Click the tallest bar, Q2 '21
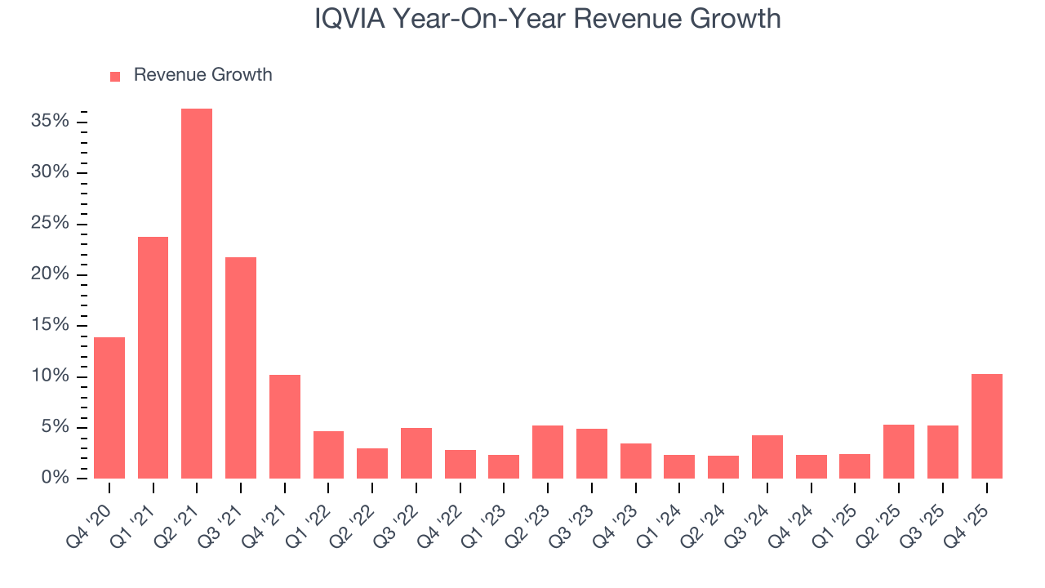197,294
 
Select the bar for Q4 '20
109,408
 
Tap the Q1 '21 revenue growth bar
153,358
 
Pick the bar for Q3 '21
241,367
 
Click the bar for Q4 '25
987,426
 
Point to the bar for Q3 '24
767,457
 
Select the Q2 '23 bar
548,452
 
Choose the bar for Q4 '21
285,426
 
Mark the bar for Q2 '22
372,463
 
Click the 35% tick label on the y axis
50,122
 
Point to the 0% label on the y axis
55,478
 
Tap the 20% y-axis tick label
50,274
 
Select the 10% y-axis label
50,376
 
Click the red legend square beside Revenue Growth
115,76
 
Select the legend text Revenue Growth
202,75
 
